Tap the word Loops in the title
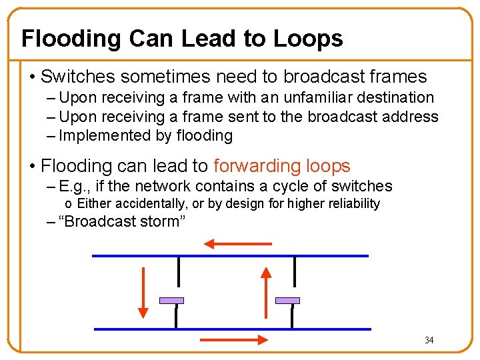click(x=308, y=39)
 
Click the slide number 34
click(x=429, y=341)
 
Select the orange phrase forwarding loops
click(x=282, y=166)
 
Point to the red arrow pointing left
click(x=237, y=245)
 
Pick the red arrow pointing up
click(x=265, y=292)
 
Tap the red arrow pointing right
click(x=234, y=340)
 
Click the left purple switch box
click(x=171, y=301)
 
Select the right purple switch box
click(x=287, y=301)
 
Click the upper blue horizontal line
click(x=230, y=256)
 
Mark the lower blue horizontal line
click(x=233, y=329)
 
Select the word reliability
click(x=355, y=203)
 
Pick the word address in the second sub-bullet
click(x=412, y=117)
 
